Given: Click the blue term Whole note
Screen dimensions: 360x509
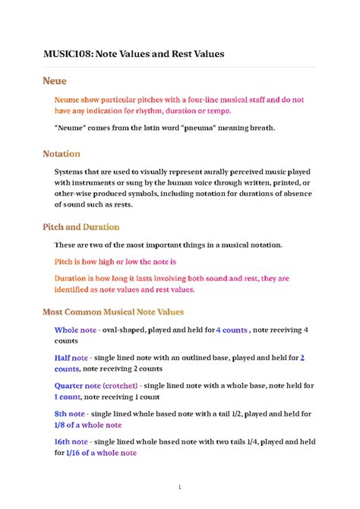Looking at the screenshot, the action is click(75, 330).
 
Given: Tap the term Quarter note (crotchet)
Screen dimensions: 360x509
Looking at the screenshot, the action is click(96, 385).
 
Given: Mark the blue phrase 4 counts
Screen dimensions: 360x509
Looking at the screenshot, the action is click(232, 330).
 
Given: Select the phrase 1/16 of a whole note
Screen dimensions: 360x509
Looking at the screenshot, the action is click(101, 453).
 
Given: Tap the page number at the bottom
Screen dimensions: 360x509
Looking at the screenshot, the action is click(180, 486).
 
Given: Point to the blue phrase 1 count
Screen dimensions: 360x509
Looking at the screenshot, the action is click(67, 397).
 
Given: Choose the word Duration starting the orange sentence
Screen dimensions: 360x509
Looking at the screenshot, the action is click(74, 278).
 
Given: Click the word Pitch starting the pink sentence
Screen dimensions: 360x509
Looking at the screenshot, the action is click(65, 261).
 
